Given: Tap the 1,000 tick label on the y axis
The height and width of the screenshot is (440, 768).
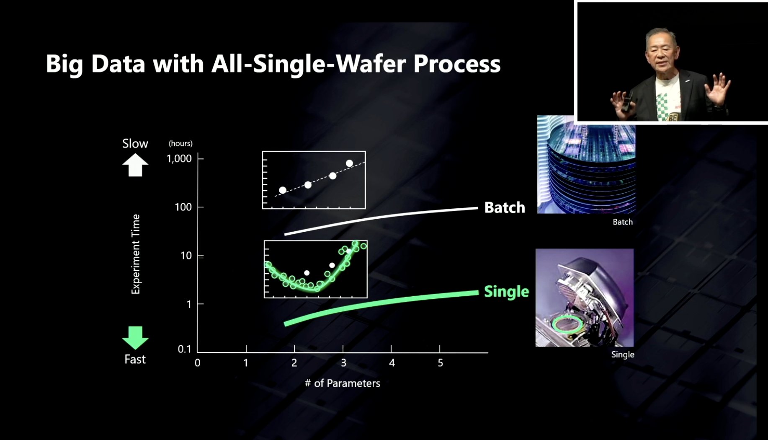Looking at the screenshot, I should click(179, 158).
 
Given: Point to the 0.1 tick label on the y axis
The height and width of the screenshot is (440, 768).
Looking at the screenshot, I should click(184, 349).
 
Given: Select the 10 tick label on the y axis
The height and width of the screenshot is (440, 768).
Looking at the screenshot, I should click(186, 256).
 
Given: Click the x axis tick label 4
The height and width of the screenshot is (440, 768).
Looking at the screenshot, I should click(392, 363).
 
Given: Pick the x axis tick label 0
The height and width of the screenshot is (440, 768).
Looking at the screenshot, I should click(197, 363).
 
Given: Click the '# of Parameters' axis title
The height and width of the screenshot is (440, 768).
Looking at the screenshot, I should click(343, 383).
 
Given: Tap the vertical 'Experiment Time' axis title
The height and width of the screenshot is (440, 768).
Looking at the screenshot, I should click(136, 254).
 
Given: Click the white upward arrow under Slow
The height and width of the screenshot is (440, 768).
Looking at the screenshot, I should click(135, 165).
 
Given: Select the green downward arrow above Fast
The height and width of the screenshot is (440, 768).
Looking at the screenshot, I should click(135, 337).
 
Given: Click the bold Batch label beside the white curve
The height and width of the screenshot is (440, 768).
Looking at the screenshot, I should click(505, 207).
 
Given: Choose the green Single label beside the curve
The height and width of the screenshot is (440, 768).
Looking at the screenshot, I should click(506, 291).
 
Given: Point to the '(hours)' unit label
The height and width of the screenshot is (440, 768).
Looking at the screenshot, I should click(180, 143).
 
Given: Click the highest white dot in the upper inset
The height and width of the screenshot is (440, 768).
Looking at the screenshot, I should click(349, 163).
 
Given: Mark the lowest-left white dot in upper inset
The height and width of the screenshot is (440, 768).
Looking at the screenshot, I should click(283, 190).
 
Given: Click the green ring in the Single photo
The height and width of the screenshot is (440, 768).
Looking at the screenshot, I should click(567, 324).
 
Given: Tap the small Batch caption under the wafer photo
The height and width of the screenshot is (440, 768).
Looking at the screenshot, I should click(623, 222).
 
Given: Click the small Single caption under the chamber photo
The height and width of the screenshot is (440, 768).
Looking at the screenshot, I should click(623, 355).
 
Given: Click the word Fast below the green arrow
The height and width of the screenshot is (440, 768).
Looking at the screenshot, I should click(135, 360).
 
